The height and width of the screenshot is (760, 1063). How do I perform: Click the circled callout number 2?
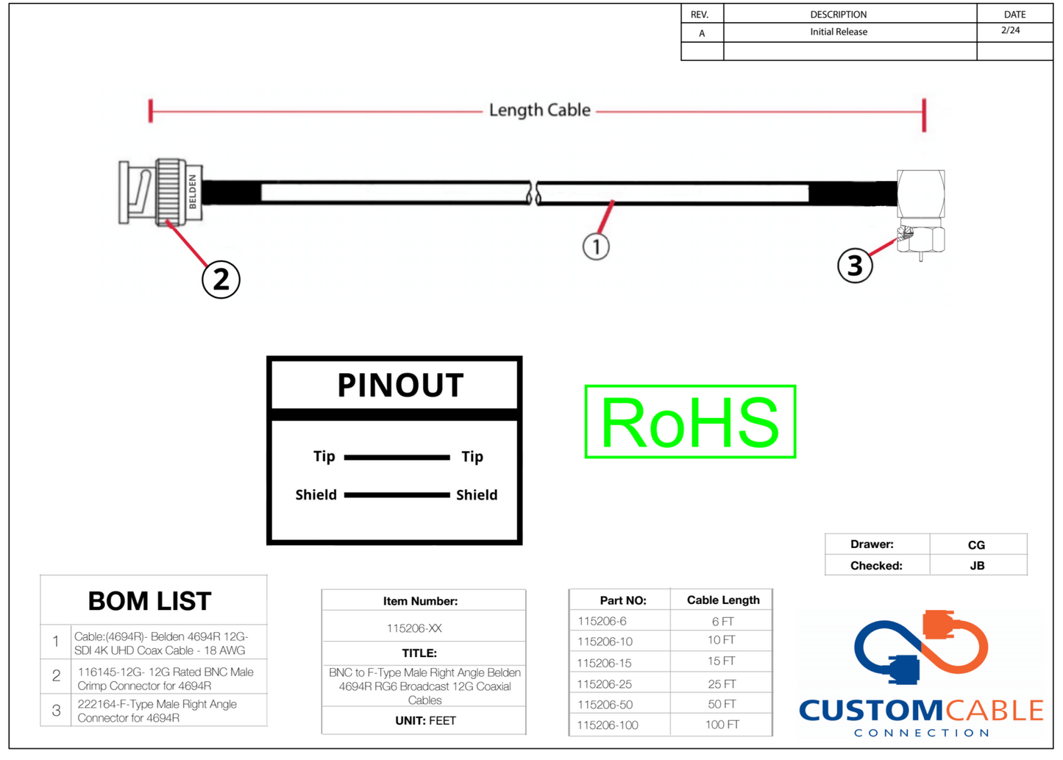point(221,280)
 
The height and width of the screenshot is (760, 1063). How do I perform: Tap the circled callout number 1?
point(596,246)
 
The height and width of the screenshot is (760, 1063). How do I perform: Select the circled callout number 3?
point(855,265)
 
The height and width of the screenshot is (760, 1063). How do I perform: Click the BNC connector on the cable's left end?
point(160,192)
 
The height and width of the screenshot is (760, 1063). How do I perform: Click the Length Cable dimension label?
point(539,110)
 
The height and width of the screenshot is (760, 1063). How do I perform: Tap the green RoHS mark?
point(690,422)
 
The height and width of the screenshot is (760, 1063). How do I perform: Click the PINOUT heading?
point(400,385)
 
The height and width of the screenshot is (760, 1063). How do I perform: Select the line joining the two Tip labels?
point(397,458)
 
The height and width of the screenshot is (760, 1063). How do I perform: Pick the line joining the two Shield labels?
point(397,495)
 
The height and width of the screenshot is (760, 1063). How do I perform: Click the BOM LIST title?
point(150,601)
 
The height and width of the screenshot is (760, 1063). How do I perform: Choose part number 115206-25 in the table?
point(605,684)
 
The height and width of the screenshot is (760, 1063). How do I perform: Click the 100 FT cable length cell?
point(722,725)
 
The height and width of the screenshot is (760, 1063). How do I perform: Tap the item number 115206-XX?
point(414,628)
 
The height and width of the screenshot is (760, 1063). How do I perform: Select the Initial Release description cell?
point(839,32)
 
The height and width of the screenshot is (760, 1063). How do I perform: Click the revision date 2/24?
point(1011,31)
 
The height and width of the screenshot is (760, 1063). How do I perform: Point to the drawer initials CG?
point(976,545)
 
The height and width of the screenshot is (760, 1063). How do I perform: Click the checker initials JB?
point(977,566)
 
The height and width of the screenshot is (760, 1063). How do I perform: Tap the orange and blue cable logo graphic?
point(921,647)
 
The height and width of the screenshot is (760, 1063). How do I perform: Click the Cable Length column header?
point(723,600)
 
